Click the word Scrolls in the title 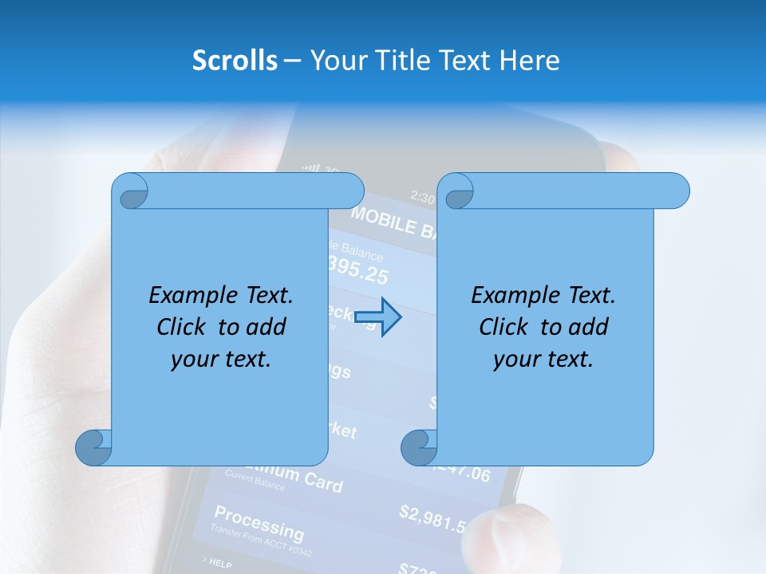[235, 61]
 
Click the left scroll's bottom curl [93, 448]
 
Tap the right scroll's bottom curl [418, 448]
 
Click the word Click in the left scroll [184, 327]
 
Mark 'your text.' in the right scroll [543, 359]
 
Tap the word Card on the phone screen [323, 483]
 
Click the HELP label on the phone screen [219, 564]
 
